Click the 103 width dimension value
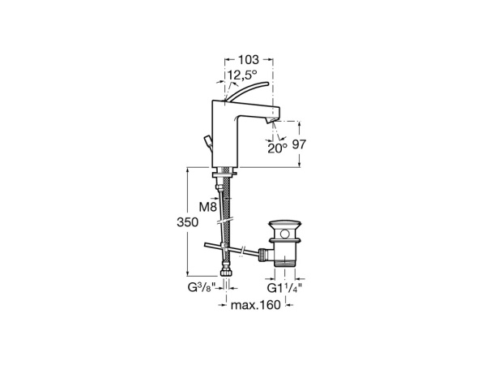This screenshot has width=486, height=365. [247, 60]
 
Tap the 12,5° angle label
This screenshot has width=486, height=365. [242, 75]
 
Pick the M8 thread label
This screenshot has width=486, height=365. [207, 207]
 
